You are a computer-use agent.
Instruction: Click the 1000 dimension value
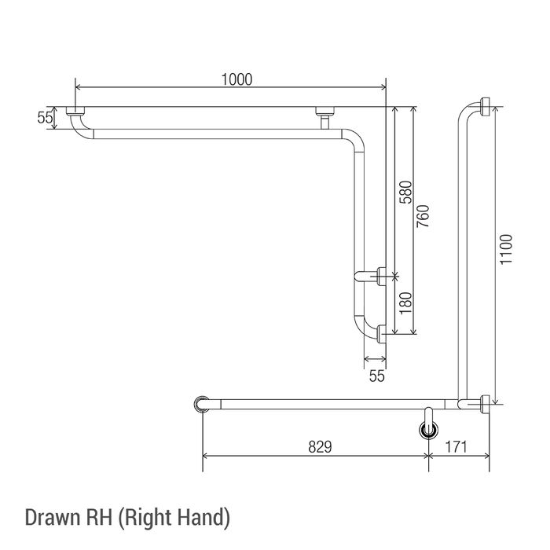coord(236,79)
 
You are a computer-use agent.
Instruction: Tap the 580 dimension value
coord(406,192)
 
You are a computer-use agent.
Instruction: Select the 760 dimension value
coord(423,216)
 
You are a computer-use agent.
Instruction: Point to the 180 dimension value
coord(406,303)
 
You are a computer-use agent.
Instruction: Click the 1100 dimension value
coord(506,249)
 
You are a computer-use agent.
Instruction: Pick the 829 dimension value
coord(320,447)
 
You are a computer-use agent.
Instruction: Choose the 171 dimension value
coord(456,447)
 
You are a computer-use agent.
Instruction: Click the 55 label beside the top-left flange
coord(45,118)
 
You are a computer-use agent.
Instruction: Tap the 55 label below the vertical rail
coord(376,376)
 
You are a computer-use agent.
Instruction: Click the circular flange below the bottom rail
coord(429,430)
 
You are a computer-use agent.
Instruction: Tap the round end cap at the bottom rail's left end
coord(202,404)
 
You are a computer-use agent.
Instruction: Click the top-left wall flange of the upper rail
coord(75,111)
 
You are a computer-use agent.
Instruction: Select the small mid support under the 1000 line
coord(324,118)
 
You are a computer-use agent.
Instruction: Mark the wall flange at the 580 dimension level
coord(381,276)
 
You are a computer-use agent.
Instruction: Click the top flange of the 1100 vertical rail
coord(485,107)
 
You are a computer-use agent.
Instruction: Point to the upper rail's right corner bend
coord(354,141)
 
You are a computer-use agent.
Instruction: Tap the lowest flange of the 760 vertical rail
coord(381,334)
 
